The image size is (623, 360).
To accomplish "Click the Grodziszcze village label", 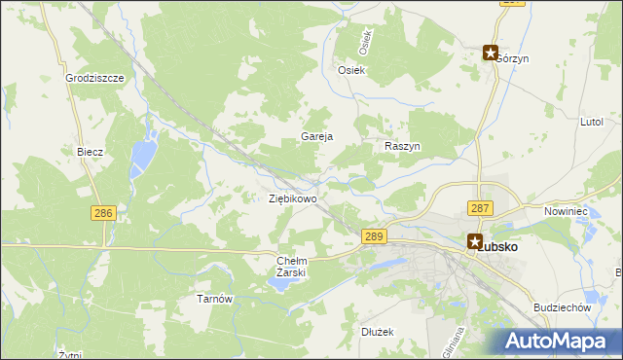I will (94, 78).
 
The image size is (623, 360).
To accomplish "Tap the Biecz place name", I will (90, 153).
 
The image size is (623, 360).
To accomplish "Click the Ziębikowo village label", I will (292, 198).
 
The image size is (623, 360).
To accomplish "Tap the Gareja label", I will (317, 137).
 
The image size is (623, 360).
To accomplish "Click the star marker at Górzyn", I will (492, 54).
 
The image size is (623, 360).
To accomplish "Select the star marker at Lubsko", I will (474, 241).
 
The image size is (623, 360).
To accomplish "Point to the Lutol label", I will (592, 122).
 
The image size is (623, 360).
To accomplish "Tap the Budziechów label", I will (563, 307).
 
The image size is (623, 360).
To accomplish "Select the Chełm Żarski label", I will (292, 267).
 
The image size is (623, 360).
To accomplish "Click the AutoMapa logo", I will (560, 342).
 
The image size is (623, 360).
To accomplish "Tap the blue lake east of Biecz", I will (143, 152).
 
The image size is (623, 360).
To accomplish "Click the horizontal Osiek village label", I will (350, 70).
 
